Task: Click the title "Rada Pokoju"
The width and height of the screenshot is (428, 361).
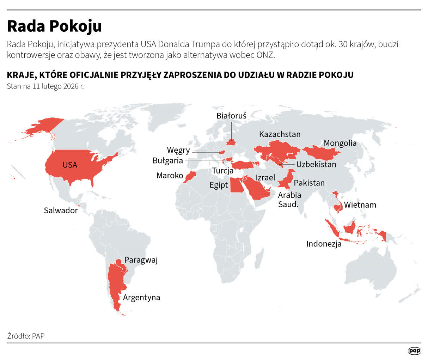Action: pos(54,26)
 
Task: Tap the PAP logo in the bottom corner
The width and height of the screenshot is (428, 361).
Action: pos(415,351)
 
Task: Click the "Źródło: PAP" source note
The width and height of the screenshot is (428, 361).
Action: pos(26,336)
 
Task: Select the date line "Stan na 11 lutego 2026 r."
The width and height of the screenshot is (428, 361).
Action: pos(45,86)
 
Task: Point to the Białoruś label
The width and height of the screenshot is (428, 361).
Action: pos(231,115)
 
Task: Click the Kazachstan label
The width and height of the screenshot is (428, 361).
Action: pos(280,134)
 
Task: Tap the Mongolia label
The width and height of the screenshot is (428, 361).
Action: pos(340,143)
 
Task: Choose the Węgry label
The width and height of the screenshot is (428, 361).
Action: pos(178,150)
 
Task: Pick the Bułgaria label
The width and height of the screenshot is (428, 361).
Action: pos(168,161)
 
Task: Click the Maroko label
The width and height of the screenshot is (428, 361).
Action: pos(170,175)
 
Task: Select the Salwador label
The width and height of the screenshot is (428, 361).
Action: pos(61,210)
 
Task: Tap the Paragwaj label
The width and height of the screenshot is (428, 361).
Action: pos(141,260)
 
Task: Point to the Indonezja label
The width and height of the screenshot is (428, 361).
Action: pos(324,244)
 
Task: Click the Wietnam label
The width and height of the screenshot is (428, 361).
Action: pos(360,204)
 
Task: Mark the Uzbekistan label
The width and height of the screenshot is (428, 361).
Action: pos(316,164)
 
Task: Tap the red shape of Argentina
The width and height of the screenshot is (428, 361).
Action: pos(115,286)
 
